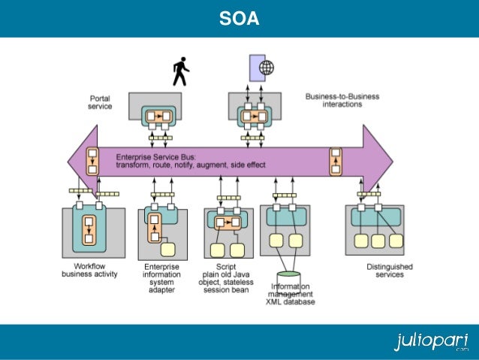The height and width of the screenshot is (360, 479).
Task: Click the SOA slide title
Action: pyautogui.click(x=239, y=18)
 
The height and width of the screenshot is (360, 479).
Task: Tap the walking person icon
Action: pyautogui.click(x=180, y=71)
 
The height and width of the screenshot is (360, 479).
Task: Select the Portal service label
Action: pyautogui.click(x=101, y=102)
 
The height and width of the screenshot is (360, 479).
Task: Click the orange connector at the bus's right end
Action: pyautogui.click(x=336, y=160)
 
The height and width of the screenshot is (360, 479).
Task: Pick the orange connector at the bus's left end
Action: pyautogui.click(x=92, y=160)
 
